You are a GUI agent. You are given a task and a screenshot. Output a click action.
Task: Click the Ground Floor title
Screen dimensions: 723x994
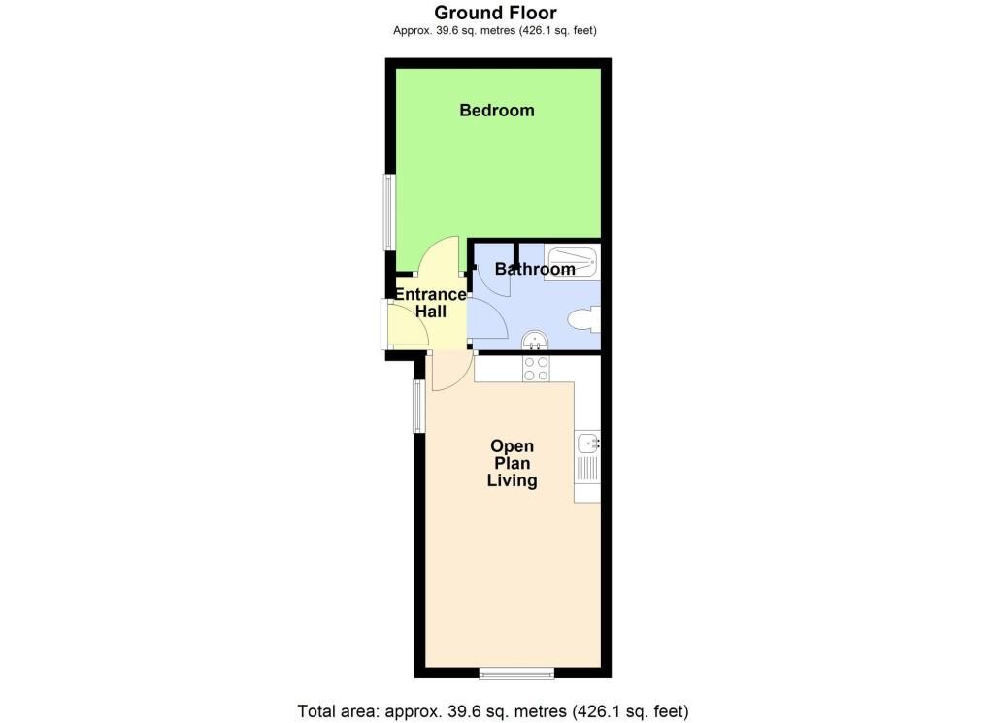(x=495, y=13)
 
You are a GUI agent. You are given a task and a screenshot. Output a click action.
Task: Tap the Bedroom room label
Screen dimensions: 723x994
(x=497, y=111)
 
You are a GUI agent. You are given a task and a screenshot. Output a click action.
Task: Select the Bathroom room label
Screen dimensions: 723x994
(x=535, y=269)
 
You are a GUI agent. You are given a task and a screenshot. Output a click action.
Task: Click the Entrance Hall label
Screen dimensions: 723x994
(x=430, y=303)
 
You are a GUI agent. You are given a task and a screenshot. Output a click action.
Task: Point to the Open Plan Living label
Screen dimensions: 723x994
(x=513, y=463)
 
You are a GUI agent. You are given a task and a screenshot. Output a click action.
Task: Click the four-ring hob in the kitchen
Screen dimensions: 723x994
(x=536, y=368)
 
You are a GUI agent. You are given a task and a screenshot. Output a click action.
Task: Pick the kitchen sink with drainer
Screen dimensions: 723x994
(x=588, y=456)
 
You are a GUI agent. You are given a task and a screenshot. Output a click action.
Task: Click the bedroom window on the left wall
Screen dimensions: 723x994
(x=388, y=212)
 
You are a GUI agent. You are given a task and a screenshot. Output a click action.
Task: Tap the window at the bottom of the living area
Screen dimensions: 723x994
(x=516, y=673)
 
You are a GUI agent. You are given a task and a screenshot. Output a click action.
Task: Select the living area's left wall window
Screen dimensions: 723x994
(x=417, y=406)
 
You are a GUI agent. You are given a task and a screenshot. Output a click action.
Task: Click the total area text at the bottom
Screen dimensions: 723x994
(x=493, y=711)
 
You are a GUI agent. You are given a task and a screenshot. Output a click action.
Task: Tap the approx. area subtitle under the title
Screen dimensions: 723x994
(x=495, y=31)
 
